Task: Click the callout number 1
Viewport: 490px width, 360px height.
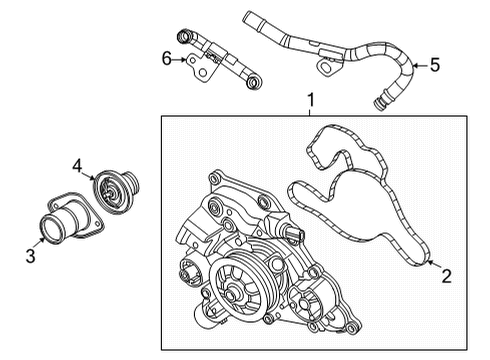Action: click(312, 101)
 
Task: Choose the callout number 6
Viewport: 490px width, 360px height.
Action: click(167, 60)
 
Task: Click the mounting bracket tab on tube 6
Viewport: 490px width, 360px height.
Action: click(203, 69)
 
